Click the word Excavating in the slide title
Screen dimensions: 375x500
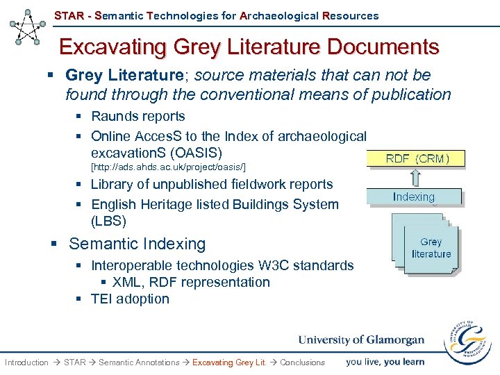pyautogui.click(x=108, y=47)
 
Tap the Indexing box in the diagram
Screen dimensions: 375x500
pyautogui.click(x=414, y=197)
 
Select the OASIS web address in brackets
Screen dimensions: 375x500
pyautogui.click(x=169, y=167)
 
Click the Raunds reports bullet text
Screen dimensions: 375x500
pyautogui.click(x=137, y=116)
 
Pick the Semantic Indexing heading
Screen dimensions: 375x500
pyautogui.click(x=137, y=244)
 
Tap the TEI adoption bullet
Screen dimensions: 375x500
pyautogui.click(x=130, y=299)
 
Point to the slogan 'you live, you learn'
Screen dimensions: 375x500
pyautogui.click(x=385, y=361)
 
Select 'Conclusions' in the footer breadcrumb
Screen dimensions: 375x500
pyautogui.click(x=302, y=362)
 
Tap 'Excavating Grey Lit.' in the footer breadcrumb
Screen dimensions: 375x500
pyautogui.click(x=228, y=362)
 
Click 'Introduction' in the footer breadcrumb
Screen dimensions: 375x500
pyautogui.click(x=26, y=362)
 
